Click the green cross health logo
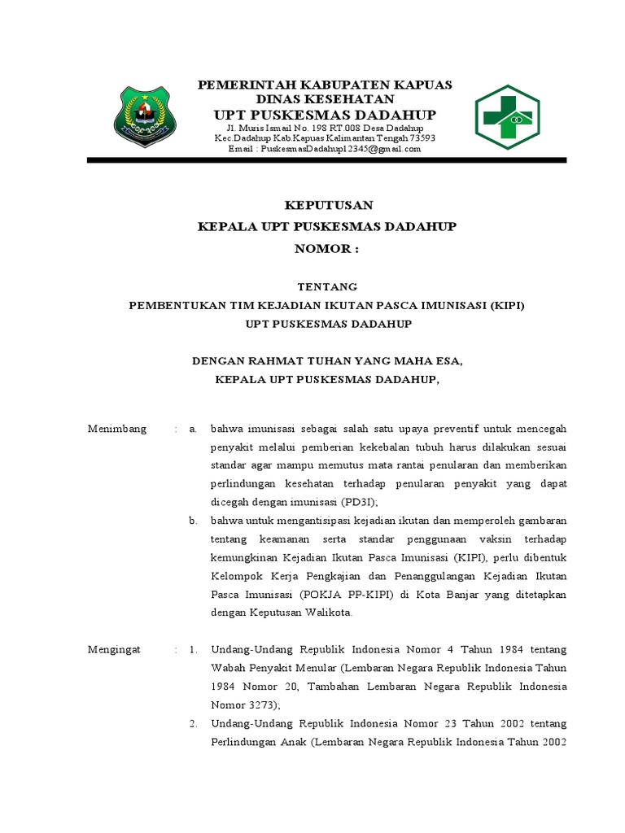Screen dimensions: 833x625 pos(507,117)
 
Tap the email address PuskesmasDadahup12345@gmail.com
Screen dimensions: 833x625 pos(324,149)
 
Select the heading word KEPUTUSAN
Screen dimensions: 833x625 pos(327,204)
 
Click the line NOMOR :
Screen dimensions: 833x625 pos(327,249)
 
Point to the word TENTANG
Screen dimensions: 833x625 pos(327,286)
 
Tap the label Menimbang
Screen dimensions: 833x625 pos(117,429)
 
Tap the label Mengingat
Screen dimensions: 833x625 pos(114,649)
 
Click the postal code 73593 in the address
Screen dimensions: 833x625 pos(422,138)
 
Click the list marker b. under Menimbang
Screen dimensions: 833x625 pos(194,521)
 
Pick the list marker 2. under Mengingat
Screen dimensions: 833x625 pos(194,723)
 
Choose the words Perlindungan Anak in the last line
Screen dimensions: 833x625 pos(256,742)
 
